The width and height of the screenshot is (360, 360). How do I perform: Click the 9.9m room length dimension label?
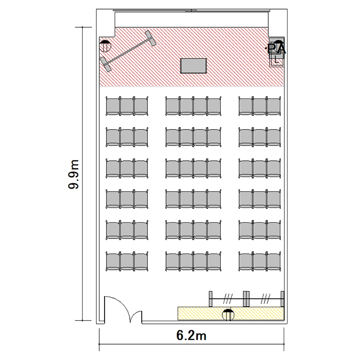(x=73, y=174)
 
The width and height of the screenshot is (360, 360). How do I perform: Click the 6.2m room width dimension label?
(x=191, y=336)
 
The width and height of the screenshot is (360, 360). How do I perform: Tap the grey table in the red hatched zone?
(x=193, y=66)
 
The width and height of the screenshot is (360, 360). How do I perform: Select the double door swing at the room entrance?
(x=123, y=310)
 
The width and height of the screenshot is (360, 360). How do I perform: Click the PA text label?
(x=276, y=48)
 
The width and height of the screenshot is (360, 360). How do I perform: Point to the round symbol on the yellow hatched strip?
(x=228, y=315)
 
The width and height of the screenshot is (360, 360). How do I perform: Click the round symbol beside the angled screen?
(x=105, y=46)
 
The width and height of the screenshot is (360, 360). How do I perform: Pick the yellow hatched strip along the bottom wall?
(x=231, y=313)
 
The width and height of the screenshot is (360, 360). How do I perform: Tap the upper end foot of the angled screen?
(x=150, y=38)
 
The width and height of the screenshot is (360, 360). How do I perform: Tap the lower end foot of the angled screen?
(x=106, y=64)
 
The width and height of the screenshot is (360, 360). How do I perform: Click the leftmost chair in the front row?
(x=113, y=106)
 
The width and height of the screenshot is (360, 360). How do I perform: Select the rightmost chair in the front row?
(x=274, y=106)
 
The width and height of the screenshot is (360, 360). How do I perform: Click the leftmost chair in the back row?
(x=113, y=261)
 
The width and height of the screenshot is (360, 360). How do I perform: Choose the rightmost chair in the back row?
(x=274, y=261)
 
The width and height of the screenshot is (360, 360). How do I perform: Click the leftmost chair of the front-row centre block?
(x=173, y=106)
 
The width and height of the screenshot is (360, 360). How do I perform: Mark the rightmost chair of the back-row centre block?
(x=214, y=261)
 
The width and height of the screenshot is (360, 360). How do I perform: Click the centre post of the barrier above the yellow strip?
(x=246, y=299)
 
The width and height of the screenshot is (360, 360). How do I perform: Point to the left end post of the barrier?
(x=211, y=299)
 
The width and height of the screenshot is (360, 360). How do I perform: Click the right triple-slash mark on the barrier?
(x=265, y=299)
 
